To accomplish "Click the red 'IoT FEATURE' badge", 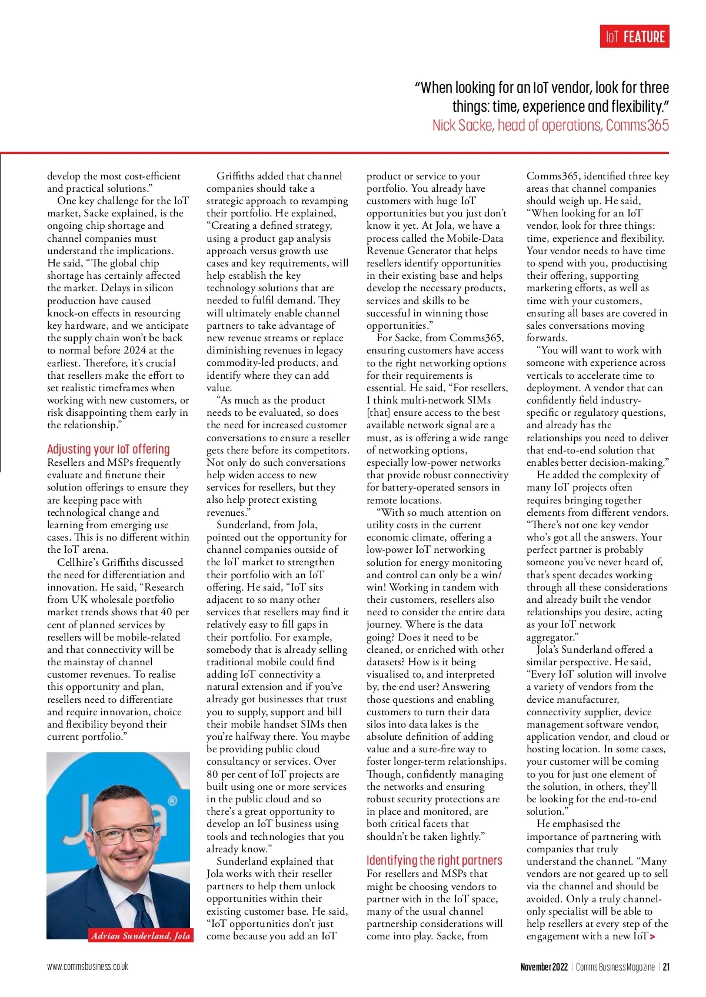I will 635,37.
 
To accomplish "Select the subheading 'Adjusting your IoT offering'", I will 108,449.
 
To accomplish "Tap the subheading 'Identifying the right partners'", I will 434,860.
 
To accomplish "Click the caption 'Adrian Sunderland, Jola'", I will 141,935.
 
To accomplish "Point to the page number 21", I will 666,967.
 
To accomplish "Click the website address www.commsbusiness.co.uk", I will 88,966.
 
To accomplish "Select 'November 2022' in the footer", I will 544,967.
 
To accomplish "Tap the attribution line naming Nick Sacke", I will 550,125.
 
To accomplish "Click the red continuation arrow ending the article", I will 652,936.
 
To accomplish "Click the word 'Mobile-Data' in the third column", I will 475,238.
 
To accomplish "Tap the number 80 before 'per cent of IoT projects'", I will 212,774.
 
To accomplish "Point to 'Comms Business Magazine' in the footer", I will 615,967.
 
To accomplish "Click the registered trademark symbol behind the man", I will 172,801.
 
